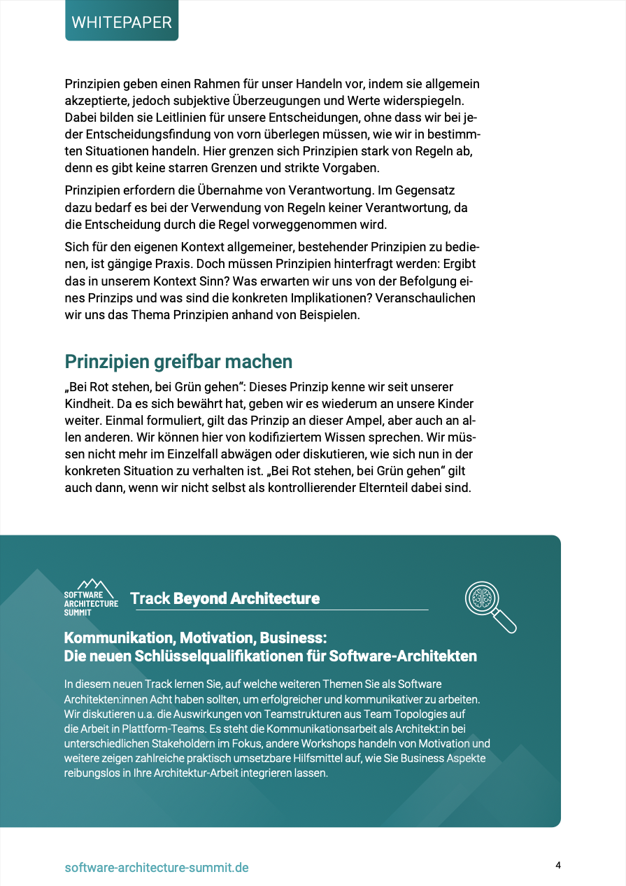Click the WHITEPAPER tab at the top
point(122,22)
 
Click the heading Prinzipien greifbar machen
point(178,362)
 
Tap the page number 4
point(558,865)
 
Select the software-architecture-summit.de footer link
point(156,868)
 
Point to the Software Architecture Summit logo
point(92,597)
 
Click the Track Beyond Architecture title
point(225,598)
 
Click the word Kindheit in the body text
point(88,404)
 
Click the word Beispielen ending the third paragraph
point(328,315)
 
